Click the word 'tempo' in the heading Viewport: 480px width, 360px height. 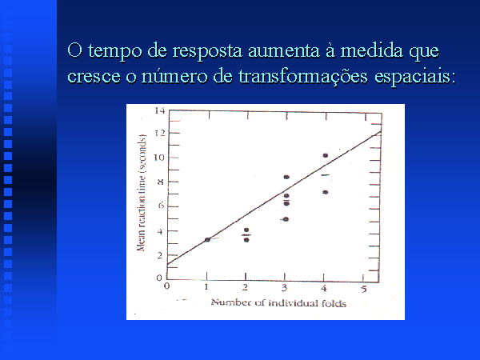click(x=114, y=51)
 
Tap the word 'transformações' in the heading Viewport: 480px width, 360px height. click(x=302, y=76)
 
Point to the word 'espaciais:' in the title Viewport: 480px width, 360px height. click(x=413, y=77)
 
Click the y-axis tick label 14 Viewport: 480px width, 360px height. click(x=159, y=110)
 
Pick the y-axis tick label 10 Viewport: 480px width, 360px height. click(x=159, y=158)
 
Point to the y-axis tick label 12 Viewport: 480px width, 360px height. click(x=159, y=133)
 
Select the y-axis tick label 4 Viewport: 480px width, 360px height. click(x=160, y=231)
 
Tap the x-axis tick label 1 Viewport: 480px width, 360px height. click(x=206, y=287)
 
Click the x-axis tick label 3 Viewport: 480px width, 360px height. click(x=284, y=288)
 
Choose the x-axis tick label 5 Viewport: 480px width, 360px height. click(x=363, y=289)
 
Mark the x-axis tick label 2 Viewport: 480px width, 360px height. click(x=246, y=287)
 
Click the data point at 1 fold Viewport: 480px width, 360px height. click(x=207, y=240)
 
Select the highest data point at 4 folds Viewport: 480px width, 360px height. click(x=326, y=155)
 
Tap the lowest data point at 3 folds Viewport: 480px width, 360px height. click(x=286, y=219)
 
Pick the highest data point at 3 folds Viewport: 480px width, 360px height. click(x=286, y=177)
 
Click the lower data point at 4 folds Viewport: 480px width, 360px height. click(x=326, y=192)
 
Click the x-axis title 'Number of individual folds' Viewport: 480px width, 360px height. click(x=278, y=303)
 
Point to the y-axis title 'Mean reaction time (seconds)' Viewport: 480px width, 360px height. click(x=141, y=193)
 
